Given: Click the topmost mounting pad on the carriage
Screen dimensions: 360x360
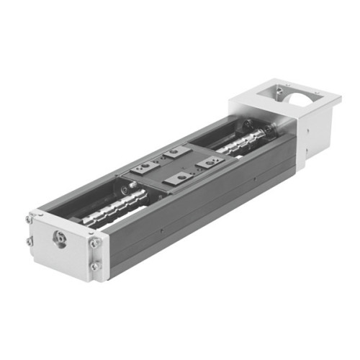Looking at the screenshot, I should (174, 153).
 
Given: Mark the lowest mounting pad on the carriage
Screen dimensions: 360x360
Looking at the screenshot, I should (177, 178).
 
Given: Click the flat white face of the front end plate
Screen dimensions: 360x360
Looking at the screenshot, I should (68, 248).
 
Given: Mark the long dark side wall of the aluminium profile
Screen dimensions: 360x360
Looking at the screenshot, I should (202, 209).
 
